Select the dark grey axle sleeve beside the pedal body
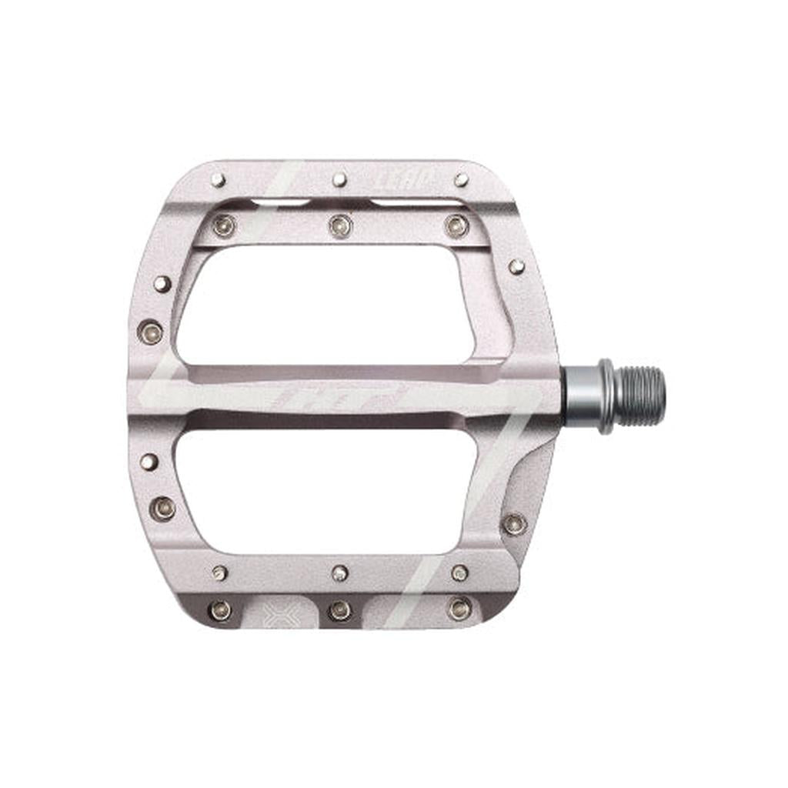[x=578, y=396]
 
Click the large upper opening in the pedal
[x=323, y=304]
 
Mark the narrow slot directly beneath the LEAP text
[x=416, y=202]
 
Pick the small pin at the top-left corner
[x=219, y=180]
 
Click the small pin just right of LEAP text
[x=461, y=180]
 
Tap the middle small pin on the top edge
[x=339, y=180]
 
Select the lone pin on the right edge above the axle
[x=516, y=266]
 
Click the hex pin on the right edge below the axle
[x=513, y=524]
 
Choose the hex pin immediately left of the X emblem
[x=221, y=610]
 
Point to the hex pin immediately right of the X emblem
[x=339, y=610]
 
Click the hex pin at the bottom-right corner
[x=459, y=609]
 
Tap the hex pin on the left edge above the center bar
[x=151, y=332]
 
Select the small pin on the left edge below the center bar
[x=149, y=462]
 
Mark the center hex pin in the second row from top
[x=339, y=225]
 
